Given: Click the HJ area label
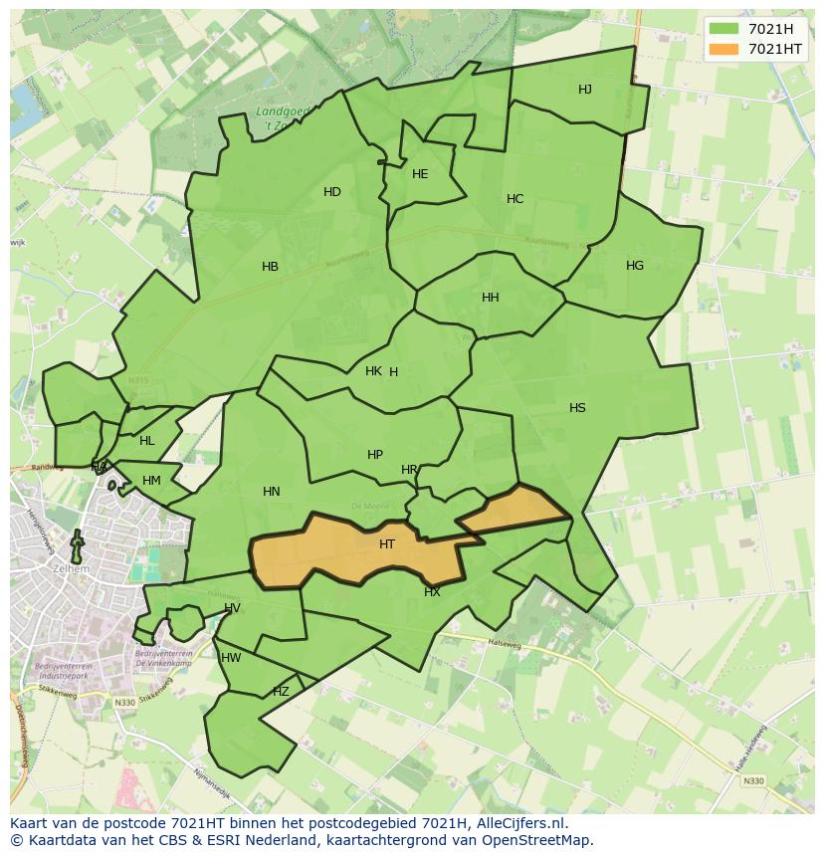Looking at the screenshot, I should click(x=585, y=90).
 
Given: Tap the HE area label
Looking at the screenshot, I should click(x=420, y=174).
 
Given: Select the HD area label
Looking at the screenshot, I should click(x=332, y=192).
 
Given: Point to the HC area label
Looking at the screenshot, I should click(x=515, y=199).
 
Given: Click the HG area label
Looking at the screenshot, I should click(x=635, y=266).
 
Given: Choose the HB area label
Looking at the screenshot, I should click(x=270, y=267).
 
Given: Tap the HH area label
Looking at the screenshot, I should click(x=491, y=298).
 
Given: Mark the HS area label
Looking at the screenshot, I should click(x=577, y=408).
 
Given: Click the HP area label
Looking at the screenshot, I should click(x=375, y=455).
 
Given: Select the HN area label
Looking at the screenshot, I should click(x=272, y=492).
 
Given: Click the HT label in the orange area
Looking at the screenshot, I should click(x=387, y=544).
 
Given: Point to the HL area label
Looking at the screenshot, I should click(x=147, y=441).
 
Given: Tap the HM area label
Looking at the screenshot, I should click(x=151, y=481).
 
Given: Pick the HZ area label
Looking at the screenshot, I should click(x=281, y=692).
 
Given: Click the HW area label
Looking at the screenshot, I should click(x=231, y=658).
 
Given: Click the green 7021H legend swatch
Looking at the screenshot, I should click(x=724, y=29).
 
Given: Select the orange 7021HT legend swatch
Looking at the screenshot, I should click(x=724, y=49).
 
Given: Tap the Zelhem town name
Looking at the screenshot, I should click(x=75, y=567).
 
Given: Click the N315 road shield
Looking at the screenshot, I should click(x=137, y=380).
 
